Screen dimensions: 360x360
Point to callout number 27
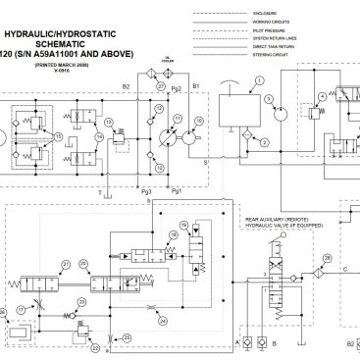tap(160, 86)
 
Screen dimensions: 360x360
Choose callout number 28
tap(327, 256)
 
